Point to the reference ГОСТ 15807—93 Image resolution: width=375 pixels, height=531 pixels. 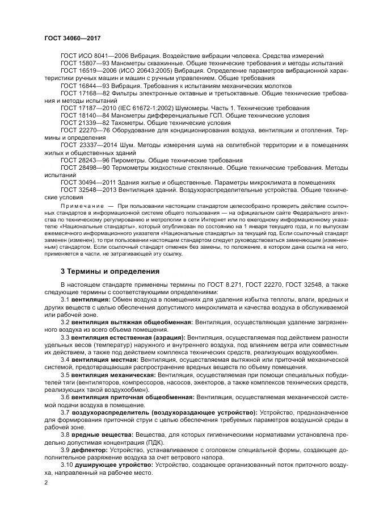click(x=83, y=63)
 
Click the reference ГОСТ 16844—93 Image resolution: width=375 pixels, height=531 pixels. click(x=83, y=85)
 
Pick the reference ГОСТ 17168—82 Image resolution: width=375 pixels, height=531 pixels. click(x=83, y=92)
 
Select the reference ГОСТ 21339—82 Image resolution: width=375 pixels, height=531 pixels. click(x=83, y=122)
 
